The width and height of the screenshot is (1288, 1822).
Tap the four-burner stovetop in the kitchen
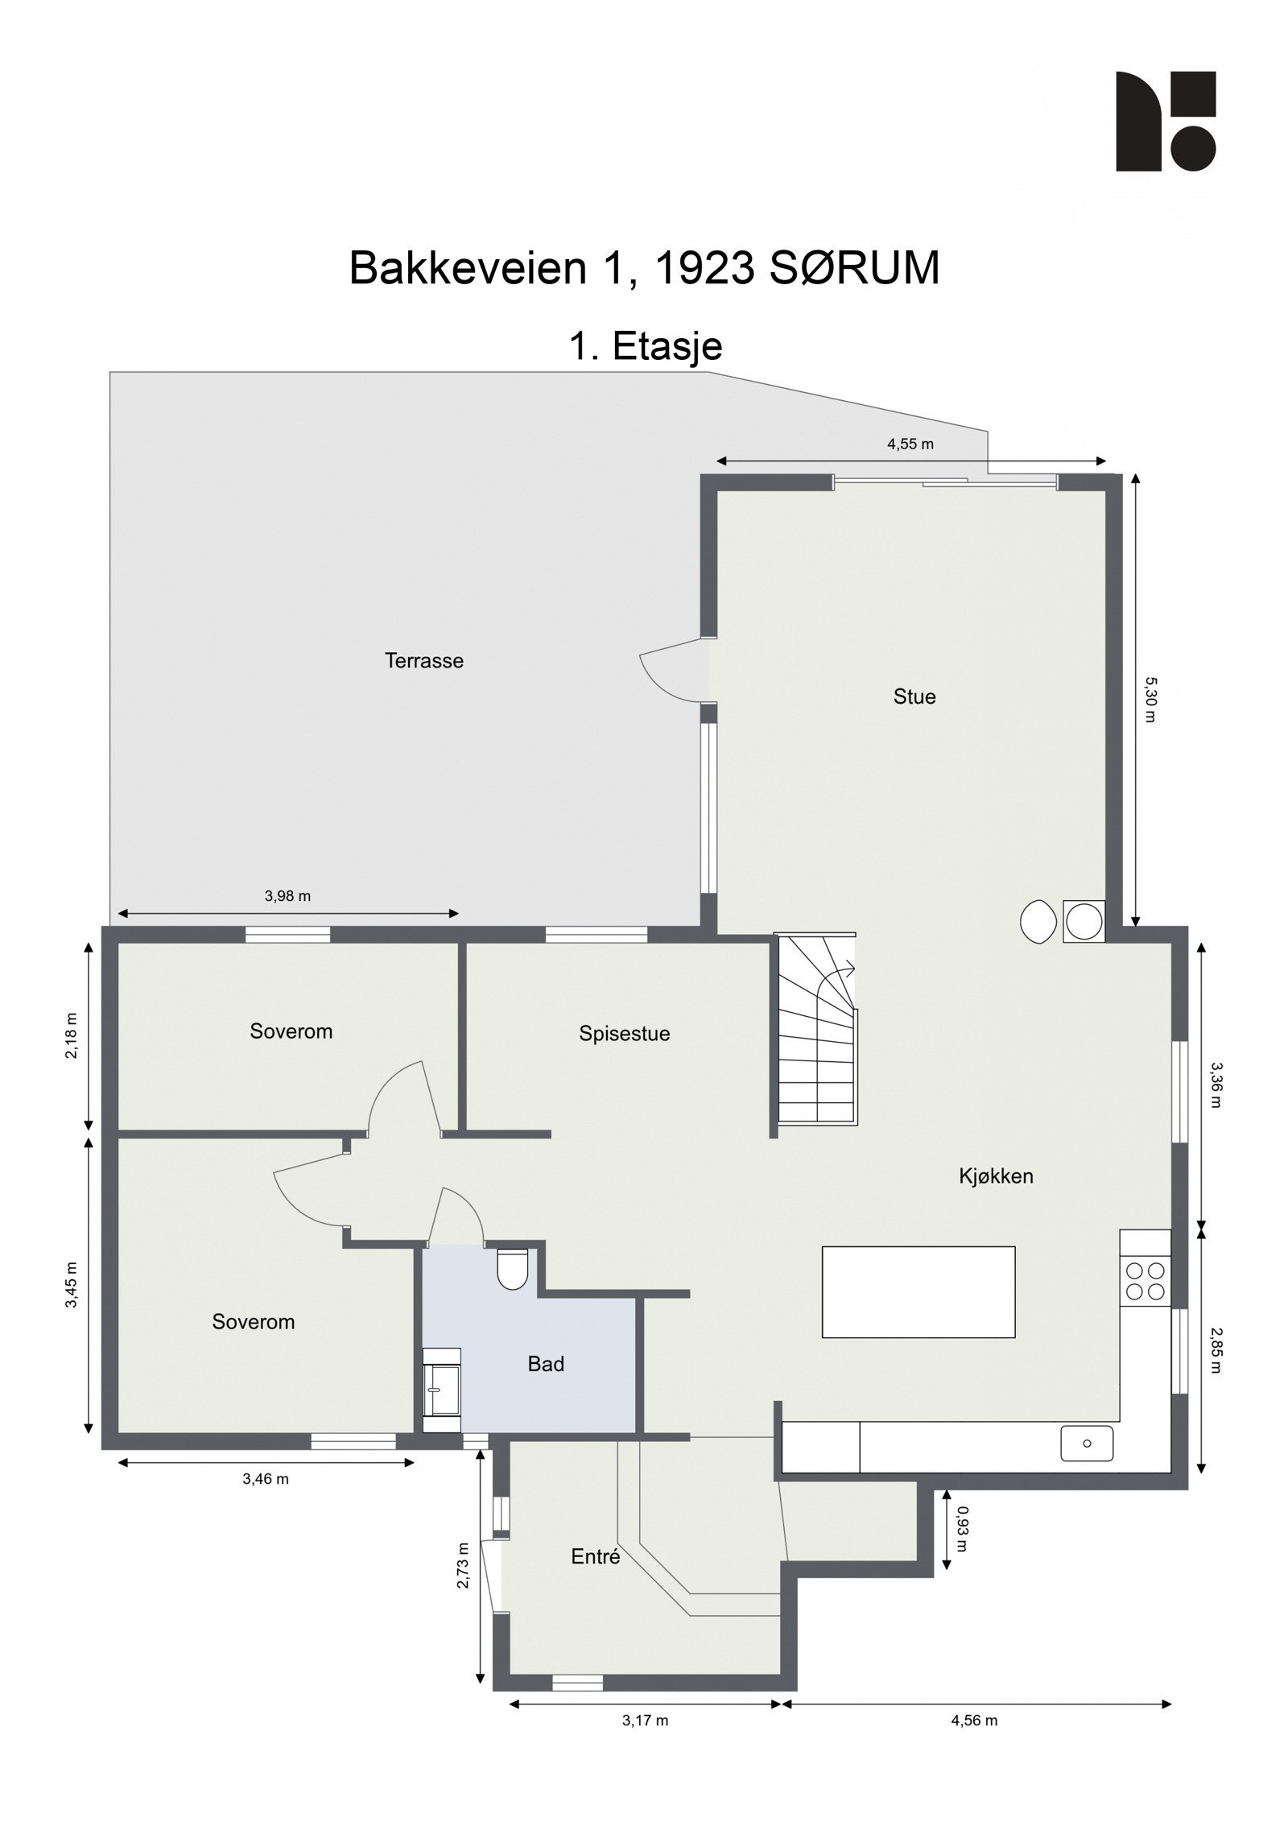click(1145, 1280)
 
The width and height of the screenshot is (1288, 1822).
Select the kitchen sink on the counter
click(1086, 1443)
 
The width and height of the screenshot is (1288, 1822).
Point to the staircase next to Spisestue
click(815, 1031)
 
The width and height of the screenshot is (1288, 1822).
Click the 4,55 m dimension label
click(910, 444)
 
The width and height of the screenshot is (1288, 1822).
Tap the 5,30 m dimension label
click(1150, 699)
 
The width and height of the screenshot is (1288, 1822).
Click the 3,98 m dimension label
click(287, 896)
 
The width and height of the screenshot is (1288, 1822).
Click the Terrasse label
click(424, 661)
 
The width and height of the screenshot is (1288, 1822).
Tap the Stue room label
click(914, 696)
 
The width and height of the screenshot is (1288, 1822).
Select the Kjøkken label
click(996, 1176)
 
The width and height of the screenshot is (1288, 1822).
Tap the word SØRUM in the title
click(854, 268)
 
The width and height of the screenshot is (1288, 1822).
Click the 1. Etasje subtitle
click(646, 346)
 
